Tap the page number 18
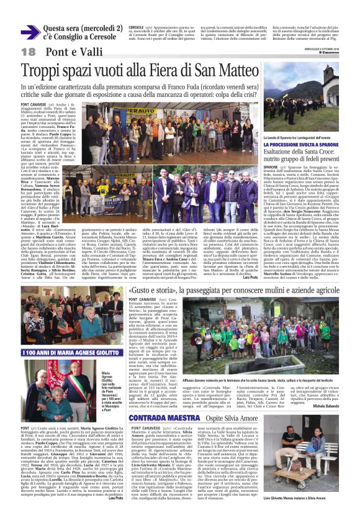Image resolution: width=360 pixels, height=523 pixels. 29,51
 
